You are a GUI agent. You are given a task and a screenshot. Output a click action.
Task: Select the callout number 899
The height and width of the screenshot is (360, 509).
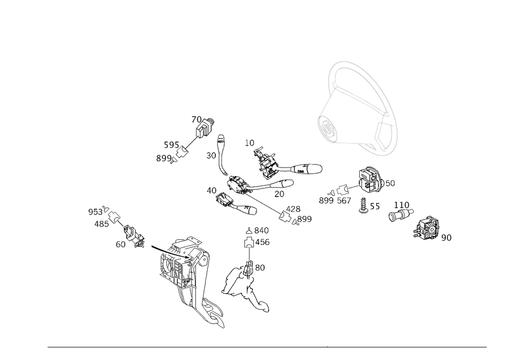pyautogui.click(x=163, y=159)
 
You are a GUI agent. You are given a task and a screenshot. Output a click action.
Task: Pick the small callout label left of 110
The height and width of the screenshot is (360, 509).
pyautogui.click(x=375, y=206)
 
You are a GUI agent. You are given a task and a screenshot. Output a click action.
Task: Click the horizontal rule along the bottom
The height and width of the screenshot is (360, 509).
pyautogui.click(x=267, y=348)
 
